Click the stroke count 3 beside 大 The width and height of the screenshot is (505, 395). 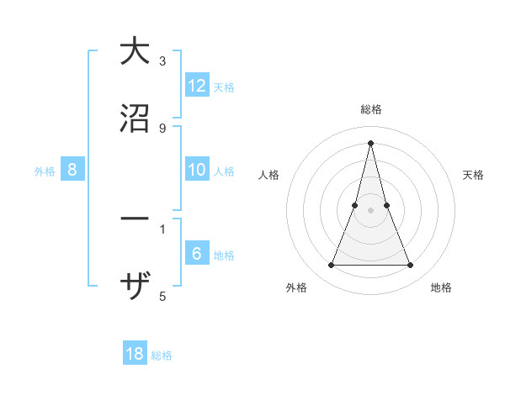click(162, 61)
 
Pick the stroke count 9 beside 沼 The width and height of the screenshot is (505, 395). click(162, 128)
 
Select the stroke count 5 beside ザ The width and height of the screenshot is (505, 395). click(162, 296)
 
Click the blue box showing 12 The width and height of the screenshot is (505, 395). click(197, 87)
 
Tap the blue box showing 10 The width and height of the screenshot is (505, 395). click(197, 171)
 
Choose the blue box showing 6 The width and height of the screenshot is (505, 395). click(197, 255)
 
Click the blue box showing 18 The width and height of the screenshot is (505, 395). click(135, 354)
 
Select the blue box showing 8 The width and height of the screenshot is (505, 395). click(72, 171)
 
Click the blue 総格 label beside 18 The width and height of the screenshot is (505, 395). click(162, 355)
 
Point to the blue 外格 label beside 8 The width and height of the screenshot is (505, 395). click(45, 171)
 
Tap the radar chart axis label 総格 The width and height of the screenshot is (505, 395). click(371, 110)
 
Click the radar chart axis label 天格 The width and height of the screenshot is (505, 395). click(474, 175)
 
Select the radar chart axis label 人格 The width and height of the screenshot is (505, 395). click(268, 175)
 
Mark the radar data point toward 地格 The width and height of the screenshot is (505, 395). click(411, 266)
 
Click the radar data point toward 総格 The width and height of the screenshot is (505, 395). click(371, 142)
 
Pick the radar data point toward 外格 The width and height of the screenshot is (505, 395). click(331, 266)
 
